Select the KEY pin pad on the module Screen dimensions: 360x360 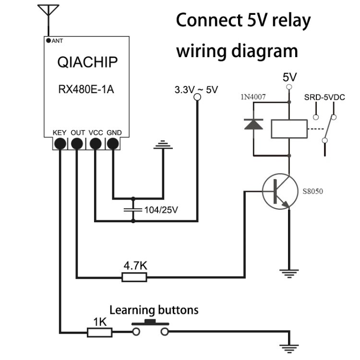click(60, 143)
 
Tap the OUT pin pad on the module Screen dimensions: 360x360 click(77, 143)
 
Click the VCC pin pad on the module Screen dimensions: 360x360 click(95, 143)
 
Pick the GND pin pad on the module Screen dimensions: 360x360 click(113, 143)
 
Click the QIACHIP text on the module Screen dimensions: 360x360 click(87, 62)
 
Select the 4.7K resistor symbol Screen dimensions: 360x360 click(134, 277)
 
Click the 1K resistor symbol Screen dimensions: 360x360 click(99, 332)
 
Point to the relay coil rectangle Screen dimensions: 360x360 click(289, 129)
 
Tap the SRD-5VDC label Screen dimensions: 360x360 click(324, 98)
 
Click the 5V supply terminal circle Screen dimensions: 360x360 click(289, 87)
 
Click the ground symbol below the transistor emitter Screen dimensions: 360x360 click(288, 274)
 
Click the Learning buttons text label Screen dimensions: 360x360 click(154, 310)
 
